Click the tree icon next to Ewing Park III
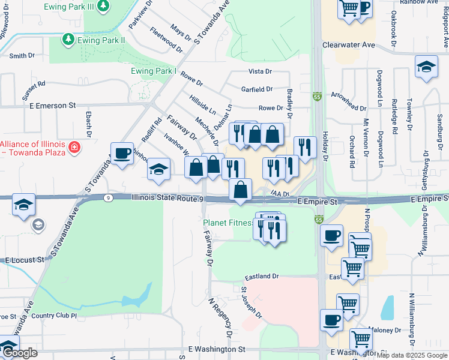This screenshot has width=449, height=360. [104, 5]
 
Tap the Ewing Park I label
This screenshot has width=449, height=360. [153, 71]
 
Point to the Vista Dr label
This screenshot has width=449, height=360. [261, 71]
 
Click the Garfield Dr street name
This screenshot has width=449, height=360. [257, 89]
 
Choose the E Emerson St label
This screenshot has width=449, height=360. [52, 106]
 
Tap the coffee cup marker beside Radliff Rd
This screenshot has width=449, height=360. [122, 154]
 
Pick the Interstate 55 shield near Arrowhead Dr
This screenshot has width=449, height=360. [317, 96]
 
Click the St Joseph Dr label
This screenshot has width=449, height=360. [251, 302]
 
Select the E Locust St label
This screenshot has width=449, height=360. [25, 260]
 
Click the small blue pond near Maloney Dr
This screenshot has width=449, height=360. [388, 308]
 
